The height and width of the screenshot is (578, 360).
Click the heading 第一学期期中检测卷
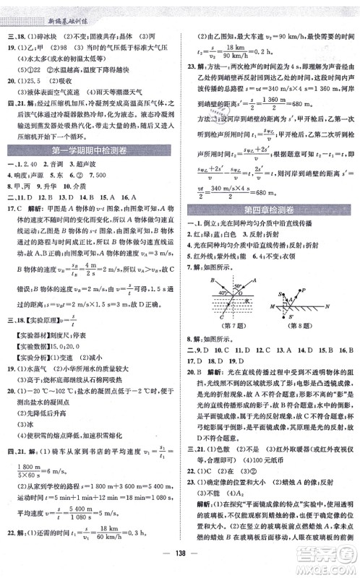click(91, 169)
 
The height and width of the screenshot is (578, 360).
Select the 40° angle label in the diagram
click(219, 293)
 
